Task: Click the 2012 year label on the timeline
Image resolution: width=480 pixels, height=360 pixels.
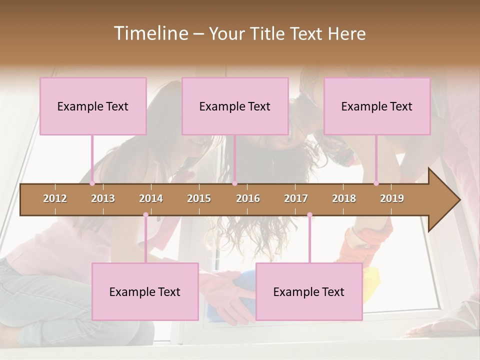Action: [x=55, y=198]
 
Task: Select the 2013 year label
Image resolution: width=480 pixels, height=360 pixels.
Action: [x=103, y=198]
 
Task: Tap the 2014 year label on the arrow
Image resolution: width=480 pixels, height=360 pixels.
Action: [x=151, y=198]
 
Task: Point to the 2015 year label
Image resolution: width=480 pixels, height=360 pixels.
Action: [x=199, y=198]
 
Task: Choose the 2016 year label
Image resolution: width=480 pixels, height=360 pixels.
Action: [x=248, y=198]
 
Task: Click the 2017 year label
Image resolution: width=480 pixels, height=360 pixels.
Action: [x=296, y=198]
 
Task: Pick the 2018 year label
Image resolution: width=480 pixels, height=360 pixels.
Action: [x=344, y=198]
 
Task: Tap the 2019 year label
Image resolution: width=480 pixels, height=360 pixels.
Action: [x=392, y=198]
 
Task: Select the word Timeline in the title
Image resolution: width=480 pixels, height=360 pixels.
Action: [x=150, y=33]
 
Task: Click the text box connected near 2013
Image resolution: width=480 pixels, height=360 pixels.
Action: [x=93, y=106]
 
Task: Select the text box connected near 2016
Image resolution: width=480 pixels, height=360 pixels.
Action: [x=235, y=106]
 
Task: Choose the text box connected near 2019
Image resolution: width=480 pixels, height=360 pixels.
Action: [x=377, y=106]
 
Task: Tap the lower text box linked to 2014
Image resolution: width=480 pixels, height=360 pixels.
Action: [x=145, y=291]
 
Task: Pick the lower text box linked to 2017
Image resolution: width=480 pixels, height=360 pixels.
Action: [x=309, y=291]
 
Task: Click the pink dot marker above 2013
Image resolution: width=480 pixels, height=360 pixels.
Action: [x=92, y=183]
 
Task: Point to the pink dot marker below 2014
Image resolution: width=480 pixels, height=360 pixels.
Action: [x=145, y=215]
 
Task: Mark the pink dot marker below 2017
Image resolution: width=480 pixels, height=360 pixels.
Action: [x=309, y=215]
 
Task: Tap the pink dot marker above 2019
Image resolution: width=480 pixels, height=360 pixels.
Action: [x=376, y=183]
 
